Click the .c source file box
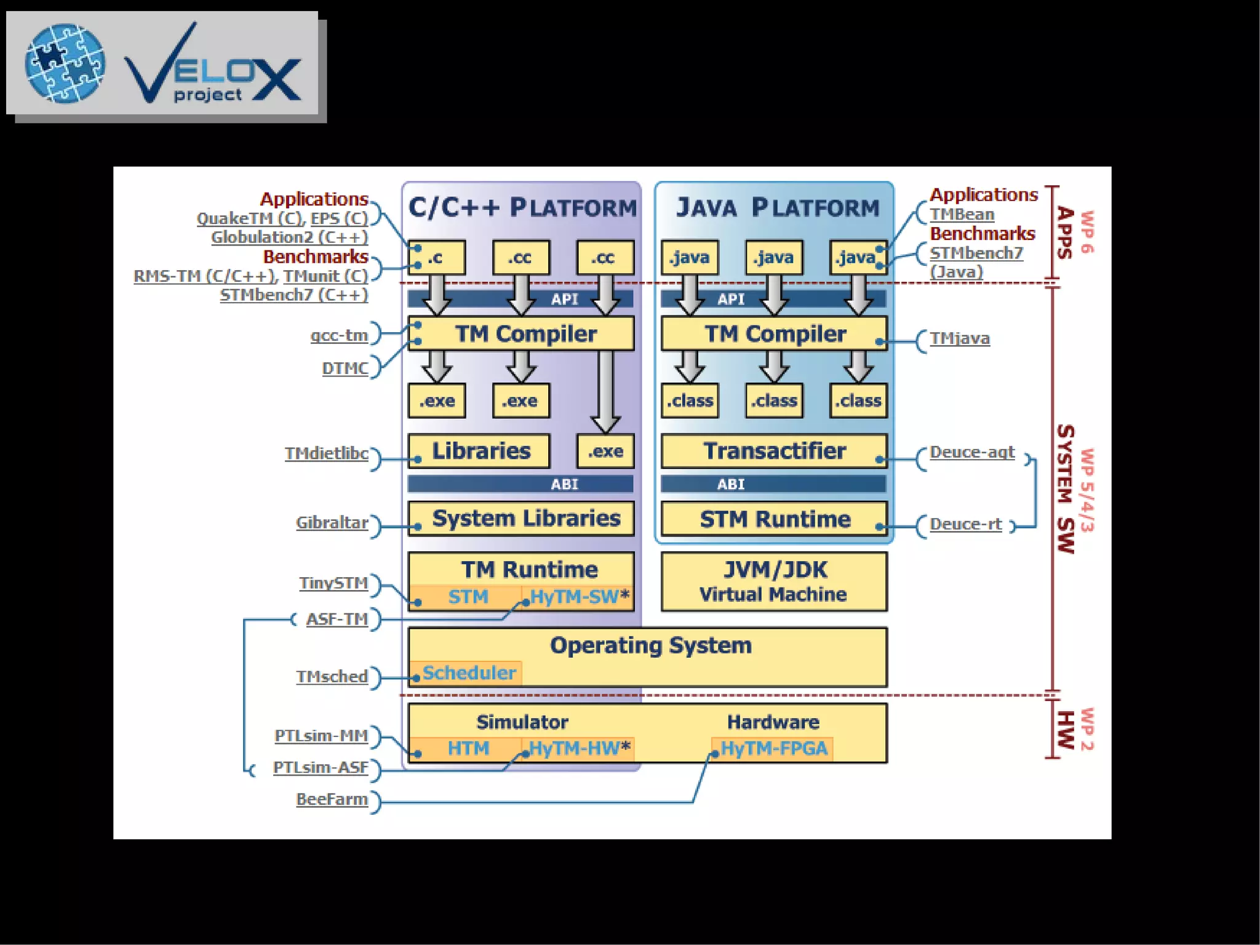pyautogui.click(x=436, y=257)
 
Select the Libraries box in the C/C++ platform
pyautogui.click(x=479, y=451)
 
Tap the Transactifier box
pyautogui.click(x=773, y=451)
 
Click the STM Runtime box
pyautogui.click(x=773, y=519)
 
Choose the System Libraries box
pyautogui.click(x=520, y=519)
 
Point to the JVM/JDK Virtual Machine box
pyautogui.click(x=773, y=581)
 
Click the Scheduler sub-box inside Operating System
pyautogui.click(x=467, y=673)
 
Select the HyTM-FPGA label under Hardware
pyautogui.click(x=773, y=749)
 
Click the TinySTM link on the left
pyautogui.click(x=333, y=583)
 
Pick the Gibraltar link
pyautogui.click(x=332, y=523)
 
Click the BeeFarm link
pyautogui.click(x=332, y=799)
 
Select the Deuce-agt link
pyautogui.click(x=971, y=452)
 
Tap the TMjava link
pyautogui.click(x=959, y=338)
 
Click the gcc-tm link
pyautogui.click(x=339, y=335)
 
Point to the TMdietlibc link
pyautogui.click(x=327, y=453)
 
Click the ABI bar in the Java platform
pyautogui.click(x=773, y=484)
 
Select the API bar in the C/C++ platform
pyautogui.click(x=520, y=300)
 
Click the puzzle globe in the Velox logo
pyautogui.click(x=65, y=63)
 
